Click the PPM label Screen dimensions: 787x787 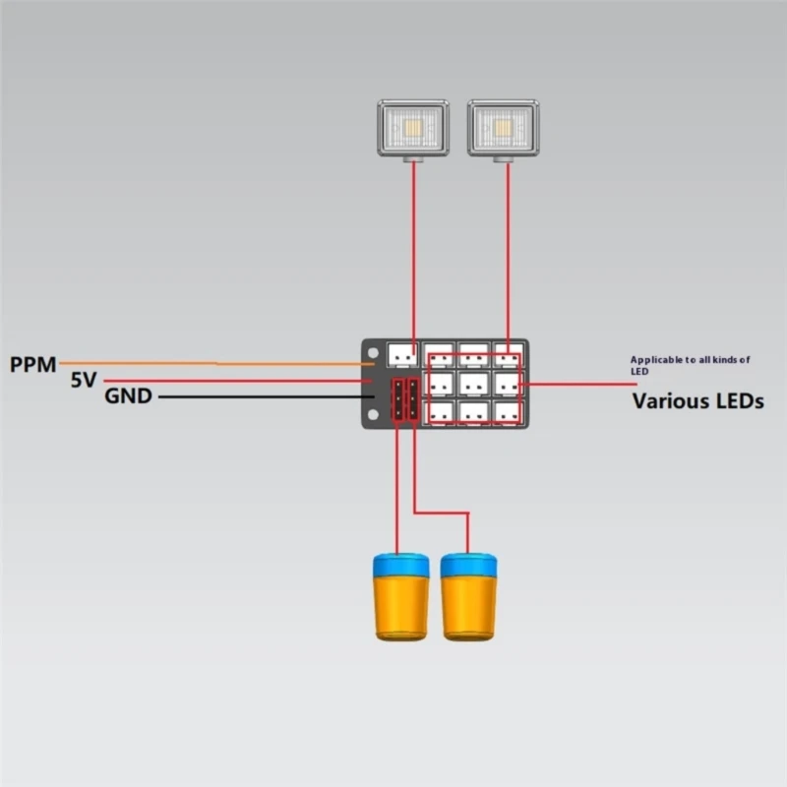point(33,364)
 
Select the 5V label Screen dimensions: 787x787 point(84,380)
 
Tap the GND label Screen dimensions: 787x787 point(128,396)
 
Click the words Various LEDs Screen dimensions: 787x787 point(697,400)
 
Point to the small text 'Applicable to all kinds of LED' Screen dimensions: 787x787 point(690,365)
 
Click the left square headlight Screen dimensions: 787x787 point(413,128)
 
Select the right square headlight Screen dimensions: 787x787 point(503,128)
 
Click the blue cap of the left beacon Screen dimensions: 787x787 point(401,565)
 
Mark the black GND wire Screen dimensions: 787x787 point(256,396)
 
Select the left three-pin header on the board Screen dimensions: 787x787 point(397,399)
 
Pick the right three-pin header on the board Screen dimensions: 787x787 point(412,399)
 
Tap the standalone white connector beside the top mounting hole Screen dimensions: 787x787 point(400,352)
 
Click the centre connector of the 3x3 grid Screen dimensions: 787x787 point(474,382)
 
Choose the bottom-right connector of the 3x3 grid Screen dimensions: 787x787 point(508,412)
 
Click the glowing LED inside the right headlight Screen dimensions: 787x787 point(504,127)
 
